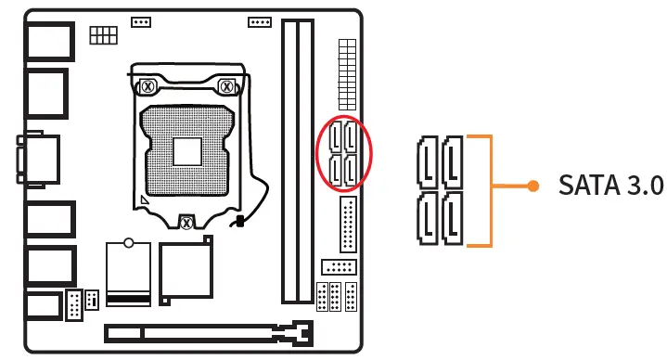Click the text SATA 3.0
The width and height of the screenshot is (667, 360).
(x=610, y=186)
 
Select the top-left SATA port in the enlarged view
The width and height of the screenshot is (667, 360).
(x=429, y=162)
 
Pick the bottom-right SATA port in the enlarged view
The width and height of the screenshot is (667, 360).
(x=453, y=219)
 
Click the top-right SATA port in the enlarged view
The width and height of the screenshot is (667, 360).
(x=453, y=162)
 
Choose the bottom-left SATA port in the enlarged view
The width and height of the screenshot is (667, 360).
(x=429, y=219)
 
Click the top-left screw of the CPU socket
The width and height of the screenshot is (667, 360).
(x=147, y=86)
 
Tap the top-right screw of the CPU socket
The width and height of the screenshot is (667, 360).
(x=225, y=86)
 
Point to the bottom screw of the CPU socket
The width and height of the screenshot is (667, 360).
(x=186, y=221)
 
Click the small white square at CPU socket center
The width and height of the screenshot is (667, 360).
(x=186, y=149)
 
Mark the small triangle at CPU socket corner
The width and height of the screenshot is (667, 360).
(x=143, y=199)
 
